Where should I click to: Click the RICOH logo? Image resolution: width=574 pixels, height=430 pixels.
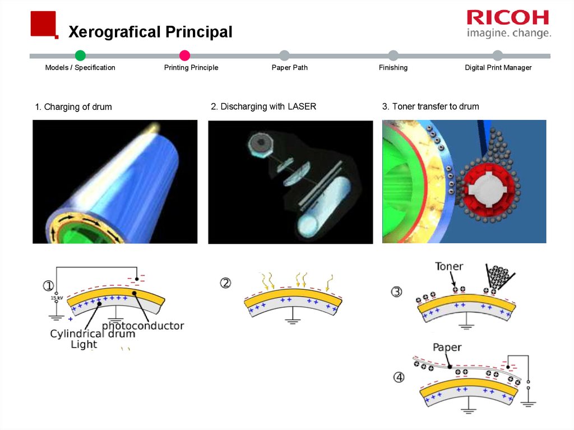(508, 17)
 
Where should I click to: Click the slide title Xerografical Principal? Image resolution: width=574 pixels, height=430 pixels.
(150, 32)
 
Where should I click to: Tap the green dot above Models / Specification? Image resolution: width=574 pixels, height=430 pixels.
(80, 55)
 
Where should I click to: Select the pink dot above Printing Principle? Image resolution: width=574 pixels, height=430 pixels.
(185, 55)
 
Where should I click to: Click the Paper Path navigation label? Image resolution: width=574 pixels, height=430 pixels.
(289, 68)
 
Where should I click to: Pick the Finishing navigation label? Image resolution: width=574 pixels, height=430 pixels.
(393, 68)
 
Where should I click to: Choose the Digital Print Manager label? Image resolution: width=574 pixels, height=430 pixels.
(498, 68)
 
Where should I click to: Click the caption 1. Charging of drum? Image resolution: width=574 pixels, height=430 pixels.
(73, 107)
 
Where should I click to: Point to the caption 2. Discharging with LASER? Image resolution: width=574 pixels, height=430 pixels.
(263, 107)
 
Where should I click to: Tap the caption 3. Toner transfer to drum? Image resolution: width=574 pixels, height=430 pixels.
(430, 107)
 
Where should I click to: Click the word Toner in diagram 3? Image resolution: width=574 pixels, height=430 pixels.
(449, 267)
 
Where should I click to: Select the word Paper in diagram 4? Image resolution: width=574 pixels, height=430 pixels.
(447, 348)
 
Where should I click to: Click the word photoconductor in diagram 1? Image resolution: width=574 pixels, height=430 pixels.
(143, 325)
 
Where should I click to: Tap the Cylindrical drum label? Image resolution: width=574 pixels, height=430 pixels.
(92, 334)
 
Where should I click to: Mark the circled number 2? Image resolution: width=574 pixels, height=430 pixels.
(225, 283)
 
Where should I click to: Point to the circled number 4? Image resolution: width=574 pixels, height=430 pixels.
(399, 377)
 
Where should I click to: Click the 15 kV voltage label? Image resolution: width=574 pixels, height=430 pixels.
(54, 298)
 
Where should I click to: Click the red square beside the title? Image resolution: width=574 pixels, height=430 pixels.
(43, 24)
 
